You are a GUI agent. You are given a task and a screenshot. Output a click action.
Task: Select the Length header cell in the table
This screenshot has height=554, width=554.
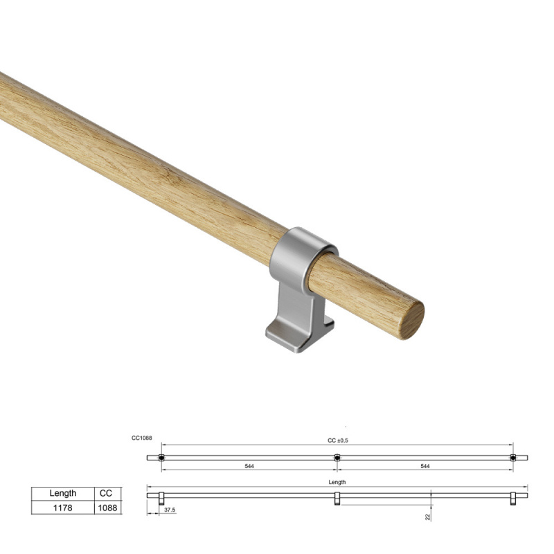pos(63,494)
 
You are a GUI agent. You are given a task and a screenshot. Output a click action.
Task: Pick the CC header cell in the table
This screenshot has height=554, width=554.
pos(107,494)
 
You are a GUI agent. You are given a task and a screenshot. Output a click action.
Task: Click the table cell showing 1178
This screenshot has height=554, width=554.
pos(63,508)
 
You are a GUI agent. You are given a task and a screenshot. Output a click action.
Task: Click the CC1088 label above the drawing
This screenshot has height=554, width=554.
pos(141,438)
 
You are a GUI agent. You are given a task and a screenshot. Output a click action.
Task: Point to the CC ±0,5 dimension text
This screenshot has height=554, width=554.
pos(337,440)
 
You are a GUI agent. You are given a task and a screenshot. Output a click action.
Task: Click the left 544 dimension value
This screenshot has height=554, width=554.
pos(249,467)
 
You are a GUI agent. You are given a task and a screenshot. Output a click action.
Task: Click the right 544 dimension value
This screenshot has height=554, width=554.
pos(425,467)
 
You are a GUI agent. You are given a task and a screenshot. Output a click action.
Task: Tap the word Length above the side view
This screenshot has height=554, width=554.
pos(337,482)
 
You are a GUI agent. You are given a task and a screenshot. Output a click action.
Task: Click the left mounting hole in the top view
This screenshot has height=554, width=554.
pos(161,458)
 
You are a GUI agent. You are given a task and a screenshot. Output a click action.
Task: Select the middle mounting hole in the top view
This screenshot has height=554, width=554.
pos(337,458)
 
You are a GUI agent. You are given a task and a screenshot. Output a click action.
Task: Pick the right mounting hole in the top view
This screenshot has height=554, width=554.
pos(513,458)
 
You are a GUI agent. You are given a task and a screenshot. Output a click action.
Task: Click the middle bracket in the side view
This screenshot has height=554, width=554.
pos(337,499)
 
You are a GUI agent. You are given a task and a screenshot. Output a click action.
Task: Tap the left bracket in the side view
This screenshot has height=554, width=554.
pos(161,499)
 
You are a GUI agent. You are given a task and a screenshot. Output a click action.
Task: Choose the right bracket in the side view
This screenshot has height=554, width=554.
pos(513,499)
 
